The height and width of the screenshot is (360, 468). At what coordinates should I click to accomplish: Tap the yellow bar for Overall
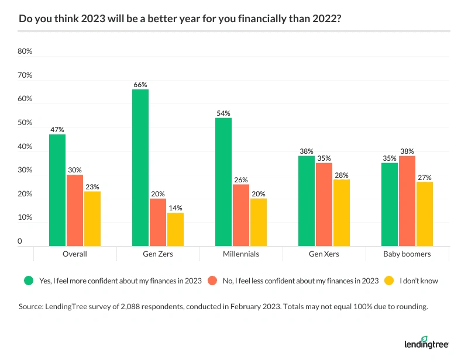tap(92, 219)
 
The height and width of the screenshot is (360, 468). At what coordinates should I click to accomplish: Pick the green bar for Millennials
tap(223, 182)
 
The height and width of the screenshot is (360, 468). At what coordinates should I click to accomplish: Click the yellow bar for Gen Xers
tap(342, 213)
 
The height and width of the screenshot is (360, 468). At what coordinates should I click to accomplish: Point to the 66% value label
tap(140, 85)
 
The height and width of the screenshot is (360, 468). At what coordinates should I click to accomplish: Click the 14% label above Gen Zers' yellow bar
tap(175, 208)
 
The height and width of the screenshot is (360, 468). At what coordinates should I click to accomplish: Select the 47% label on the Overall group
tap(57, 130)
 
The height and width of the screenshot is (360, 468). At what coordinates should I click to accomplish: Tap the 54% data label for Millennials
tap(223, 113)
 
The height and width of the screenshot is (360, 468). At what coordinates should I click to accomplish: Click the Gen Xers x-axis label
tap(324, 254)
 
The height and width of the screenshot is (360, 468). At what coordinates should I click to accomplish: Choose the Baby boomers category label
tap(407, 254)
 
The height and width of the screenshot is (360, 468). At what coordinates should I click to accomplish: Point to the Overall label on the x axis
tap(75, 254)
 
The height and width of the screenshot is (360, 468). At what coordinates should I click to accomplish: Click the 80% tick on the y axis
tap(25, 51)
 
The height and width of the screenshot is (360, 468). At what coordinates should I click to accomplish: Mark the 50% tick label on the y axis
tap(25, 123)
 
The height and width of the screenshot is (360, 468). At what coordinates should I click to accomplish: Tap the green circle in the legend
tap(27, 281)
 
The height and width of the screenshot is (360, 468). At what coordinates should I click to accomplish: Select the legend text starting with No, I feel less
tap(300, 281)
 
